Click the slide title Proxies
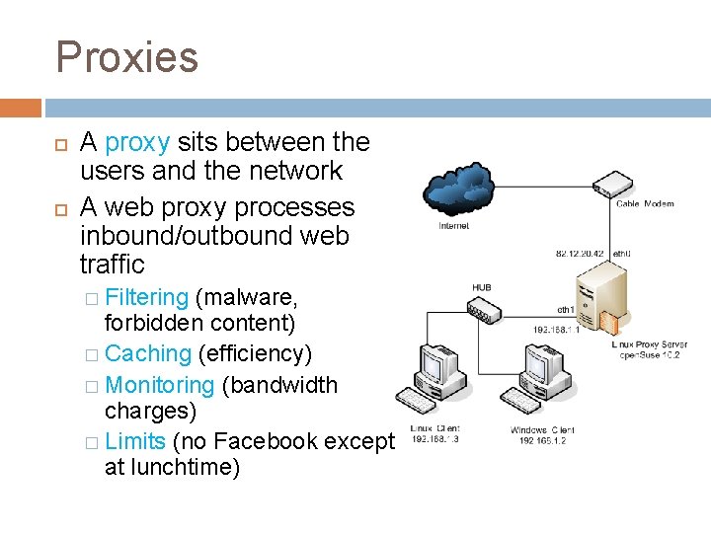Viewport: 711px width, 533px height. pyautogui.click(x=126, y=56)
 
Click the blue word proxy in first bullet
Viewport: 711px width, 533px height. pyautogui.click(x=137, y=142)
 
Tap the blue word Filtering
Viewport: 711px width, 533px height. pyautogui.click(x=146, y=297)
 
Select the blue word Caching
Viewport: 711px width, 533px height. pyautogui.click(x=147, y=353)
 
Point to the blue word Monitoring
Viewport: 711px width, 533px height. pyautogui.click(x=159, y=384)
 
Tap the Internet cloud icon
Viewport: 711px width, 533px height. pyautogui.click(x=455, y=192)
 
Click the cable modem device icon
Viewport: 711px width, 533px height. pyautogui.click(x=613, y=184)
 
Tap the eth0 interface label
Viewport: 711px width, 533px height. pyautogui.click(x=621, y=253)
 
